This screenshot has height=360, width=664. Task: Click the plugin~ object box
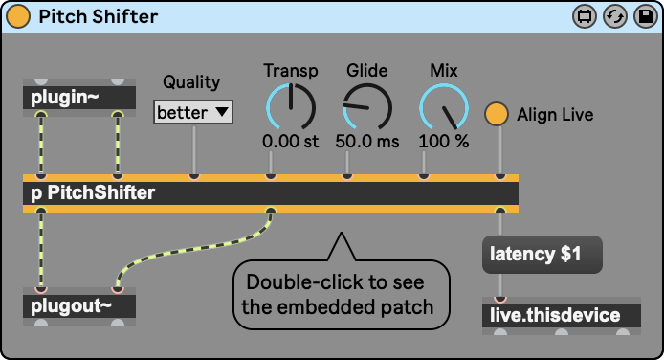(x=79, y=98)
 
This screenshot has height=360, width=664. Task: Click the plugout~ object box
(x=79, y=306)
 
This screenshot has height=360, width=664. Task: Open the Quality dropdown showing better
(x=193, y=112)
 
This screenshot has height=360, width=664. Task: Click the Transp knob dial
(x=291, y=106)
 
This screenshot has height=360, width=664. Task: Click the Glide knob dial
(x=367, y=106)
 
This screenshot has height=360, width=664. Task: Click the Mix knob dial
(x=444, y=106)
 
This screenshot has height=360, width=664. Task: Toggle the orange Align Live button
(x=497, y=114)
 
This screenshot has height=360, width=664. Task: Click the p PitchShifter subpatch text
(x=93, y=193)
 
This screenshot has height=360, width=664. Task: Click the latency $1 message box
(x=542, y=254)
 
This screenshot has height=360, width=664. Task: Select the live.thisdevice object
(x=562, y=316)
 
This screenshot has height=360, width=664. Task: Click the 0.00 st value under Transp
(x=291, y=142)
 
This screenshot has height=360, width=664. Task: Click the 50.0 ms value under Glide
(x=367, y=142)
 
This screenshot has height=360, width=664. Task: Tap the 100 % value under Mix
(x=444, y=142)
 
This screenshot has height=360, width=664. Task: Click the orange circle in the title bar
(x=18, y=17)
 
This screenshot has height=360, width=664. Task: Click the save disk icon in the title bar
(x=646, y=16)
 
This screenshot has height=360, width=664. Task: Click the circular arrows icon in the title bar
(x=615, y=16)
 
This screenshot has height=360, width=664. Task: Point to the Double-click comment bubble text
(x=338, y=294)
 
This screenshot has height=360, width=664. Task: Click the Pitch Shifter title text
(x=99, y=17)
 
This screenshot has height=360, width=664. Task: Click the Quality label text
(x=191, y=82)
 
